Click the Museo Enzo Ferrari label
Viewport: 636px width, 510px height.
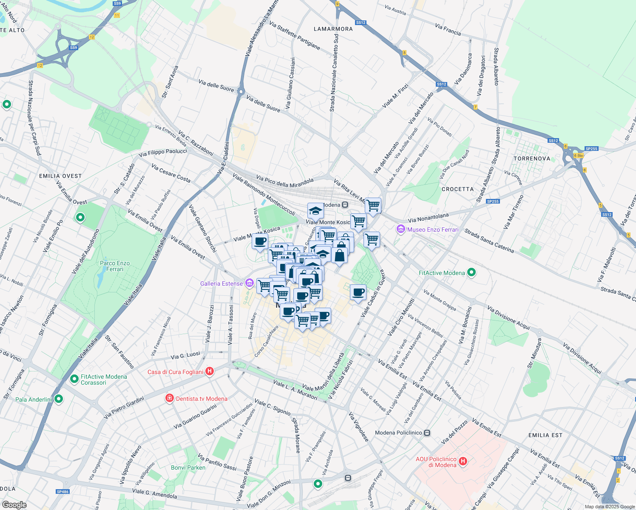click(x=433, y=229)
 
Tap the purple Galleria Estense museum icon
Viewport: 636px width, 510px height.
click(x=250, y=283)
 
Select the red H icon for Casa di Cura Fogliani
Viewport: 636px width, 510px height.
click(x=209, y=371)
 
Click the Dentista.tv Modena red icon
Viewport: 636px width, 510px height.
click(x=170, y=398)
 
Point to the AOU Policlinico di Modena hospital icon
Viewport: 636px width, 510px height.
click(x=463, y=462)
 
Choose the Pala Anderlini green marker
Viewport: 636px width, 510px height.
click(x=59, y=399)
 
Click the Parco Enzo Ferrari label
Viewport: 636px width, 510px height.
click(x=115, y=266)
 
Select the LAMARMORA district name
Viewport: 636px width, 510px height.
click(x=333, y=29)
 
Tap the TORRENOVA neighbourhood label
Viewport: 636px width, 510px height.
click(x=532, y=159)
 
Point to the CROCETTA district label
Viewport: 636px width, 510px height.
click(x=457, y=189)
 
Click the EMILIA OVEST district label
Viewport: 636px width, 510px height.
click(x=60, y=176)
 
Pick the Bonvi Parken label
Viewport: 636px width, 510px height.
click(x=188, y=467)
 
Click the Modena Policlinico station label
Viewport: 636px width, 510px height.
click(x=398, y=433)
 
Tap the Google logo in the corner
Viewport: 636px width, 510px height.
click(x=14, y=505)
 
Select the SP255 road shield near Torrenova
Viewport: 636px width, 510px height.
click(x=591, y=149)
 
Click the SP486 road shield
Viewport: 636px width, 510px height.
click(x=62, y=492)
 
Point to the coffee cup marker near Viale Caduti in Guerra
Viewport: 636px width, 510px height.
click(x=358, y=292)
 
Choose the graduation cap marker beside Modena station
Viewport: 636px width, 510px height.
click(x=315, y=210)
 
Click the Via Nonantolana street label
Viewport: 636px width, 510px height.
click(x=428, y=218)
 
